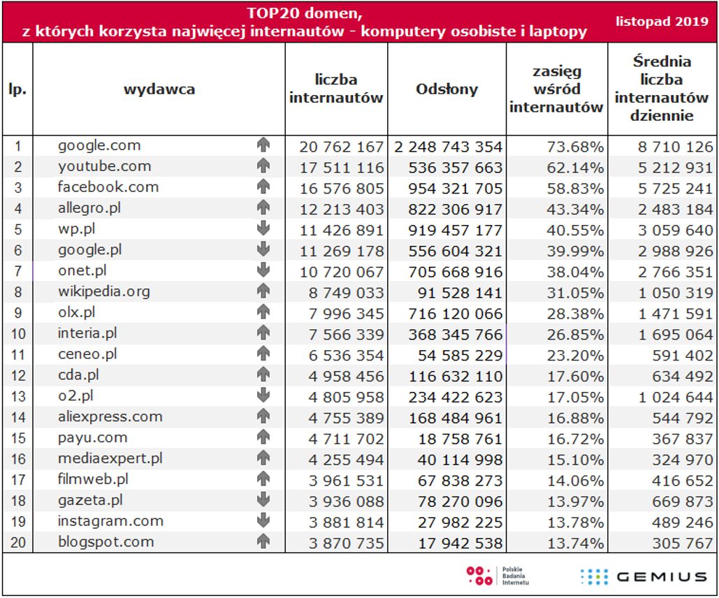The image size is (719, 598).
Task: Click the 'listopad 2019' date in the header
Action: pyautogui.click(x=661, y=22)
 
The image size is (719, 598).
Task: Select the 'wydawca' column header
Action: pyautogui.click(x=159, y=89)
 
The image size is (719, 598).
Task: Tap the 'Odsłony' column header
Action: pyautogui.click(x=447, y=89)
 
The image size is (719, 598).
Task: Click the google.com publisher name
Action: pyautogui.click(x=99, y=145)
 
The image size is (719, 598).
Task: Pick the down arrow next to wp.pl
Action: pyautogui.click(x=263, y=228)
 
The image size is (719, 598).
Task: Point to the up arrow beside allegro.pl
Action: pyautogui.click(x=263, y=207)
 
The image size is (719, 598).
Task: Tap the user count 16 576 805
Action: pyautogui.click(x=342, y=188)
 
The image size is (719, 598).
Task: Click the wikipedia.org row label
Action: pyautogui.click(x=103, y=291)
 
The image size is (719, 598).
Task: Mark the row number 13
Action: pyautogui.click(x=18, y=396)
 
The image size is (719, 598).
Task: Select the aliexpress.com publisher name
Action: pyautogui.click(x=110, y=416)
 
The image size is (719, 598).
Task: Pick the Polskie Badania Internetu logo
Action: pyautogui.click(x=497, y=576)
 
